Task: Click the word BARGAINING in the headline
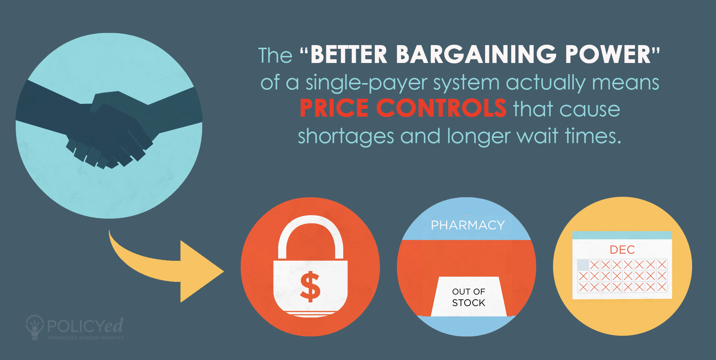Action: pos(476,55)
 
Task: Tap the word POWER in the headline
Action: pos(608,55)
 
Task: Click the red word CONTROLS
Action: pos(441,108)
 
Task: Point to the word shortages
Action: pos(346,136)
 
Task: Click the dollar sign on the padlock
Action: pos(310,287)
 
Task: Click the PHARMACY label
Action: pos(468,225)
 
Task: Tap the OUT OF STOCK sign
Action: pos(469,297)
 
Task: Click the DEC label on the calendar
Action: pos(622,250)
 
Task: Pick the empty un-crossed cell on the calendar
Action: pos(583,265)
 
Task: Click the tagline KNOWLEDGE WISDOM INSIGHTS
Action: pos(85,338)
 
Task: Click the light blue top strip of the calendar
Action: pos(622,235)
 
